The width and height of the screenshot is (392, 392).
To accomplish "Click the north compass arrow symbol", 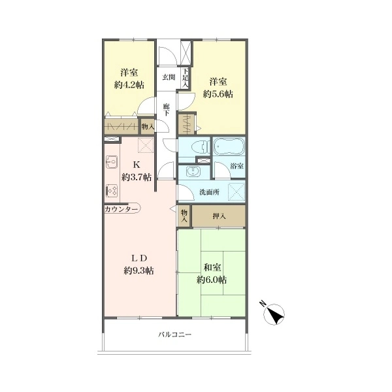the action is (x=274, y=314).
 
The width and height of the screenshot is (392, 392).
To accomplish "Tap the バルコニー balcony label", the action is (x=174, y=335).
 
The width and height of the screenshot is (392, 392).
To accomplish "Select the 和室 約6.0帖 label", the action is (x=212, y=274).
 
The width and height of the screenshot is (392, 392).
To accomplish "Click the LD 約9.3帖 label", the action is (x=139, y=264).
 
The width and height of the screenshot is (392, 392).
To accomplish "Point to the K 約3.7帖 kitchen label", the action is (x=137, y=171).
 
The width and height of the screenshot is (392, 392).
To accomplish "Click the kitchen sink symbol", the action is (x=112, y=162).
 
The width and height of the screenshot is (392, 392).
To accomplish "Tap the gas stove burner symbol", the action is (x=112, y=191).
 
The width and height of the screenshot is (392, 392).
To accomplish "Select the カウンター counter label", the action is (x=121, y=209).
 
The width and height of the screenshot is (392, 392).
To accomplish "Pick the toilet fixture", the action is (x=202, y=147).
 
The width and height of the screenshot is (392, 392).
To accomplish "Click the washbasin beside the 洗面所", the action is (x=193, y=172).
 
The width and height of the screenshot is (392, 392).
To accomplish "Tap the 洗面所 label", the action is (x=209, y=192).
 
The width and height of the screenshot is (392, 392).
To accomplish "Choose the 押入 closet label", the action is (x=219, y=216).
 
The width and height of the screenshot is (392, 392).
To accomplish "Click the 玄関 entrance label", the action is (x=169, y=77).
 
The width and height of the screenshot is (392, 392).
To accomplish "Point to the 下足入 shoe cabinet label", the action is (x=186, y=78).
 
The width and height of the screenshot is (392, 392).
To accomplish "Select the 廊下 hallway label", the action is (x=166, y=110).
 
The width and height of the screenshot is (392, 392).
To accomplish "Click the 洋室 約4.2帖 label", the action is (x=129, y=79).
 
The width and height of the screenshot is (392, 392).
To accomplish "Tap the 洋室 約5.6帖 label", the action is (x=218, y=88).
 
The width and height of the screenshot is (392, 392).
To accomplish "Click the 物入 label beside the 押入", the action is (x=184, y=216).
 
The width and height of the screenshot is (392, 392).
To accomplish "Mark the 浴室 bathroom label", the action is (x=237, y=166).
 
